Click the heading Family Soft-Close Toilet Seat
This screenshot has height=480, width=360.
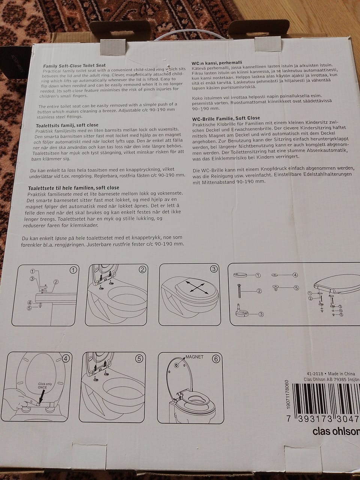click(x=74, y=65)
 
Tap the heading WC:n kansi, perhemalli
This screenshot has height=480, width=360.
click(x=217, y=63)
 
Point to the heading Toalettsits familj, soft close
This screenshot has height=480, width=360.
click(x=67, y=125)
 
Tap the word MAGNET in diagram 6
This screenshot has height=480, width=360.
click(x=195, y=357)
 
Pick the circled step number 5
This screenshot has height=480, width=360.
click(x=139, y=358)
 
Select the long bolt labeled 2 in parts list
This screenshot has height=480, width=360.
click(x=239, y=291)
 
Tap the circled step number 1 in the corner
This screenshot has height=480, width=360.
click(x=73, y=270)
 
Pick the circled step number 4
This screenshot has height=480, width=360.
click(x=66, y=358)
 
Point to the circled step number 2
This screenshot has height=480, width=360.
click(x=142, y=270)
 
